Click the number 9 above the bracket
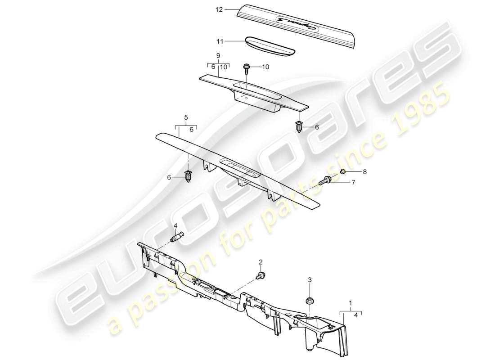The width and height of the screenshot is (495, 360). click(218, 56)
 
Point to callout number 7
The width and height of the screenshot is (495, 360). click(353, 182)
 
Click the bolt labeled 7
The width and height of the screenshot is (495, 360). click(324, 181)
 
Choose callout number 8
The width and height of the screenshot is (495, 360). click(364, 172)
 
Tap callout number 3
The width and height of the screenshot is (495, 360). click(310, 280)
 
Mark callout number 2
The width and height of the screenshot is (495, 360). click(260, 262)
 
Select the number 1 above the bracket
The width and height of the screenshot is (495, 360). click(351, 304)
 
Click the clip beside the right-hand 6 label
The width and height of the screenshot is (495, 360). click(300, 128)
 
